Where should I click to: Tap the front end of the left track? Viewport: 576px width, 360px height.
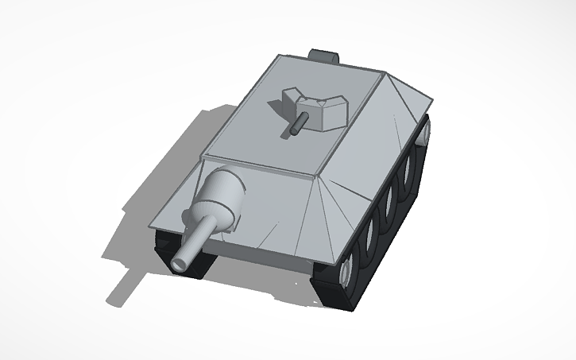tap(179, 258)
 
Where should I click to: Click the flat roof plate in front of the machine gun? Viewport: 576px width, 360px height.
tap(270, 147)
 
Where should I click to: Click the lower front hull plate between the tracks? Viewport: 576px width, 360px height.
tap(262, 254)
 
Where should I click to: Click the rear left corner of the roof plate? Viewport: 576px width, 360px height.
tap(278, 56)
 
